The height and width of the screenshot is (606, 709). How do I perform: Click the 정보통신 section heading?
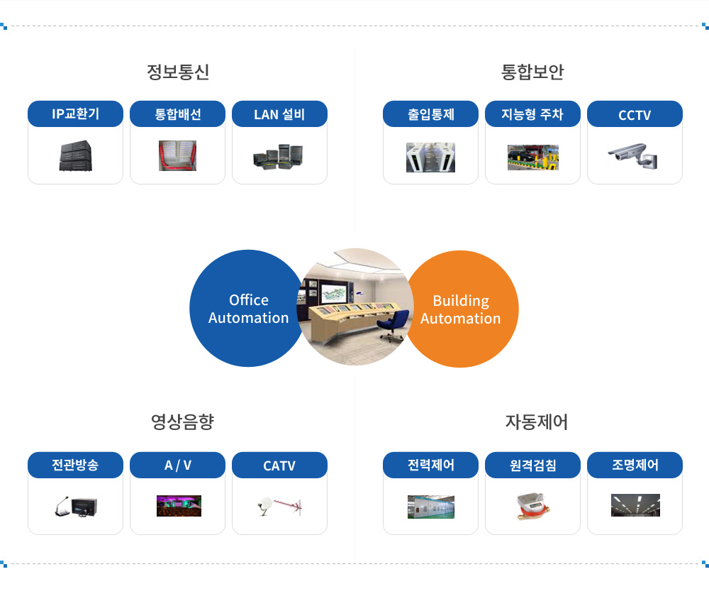coord(178,72)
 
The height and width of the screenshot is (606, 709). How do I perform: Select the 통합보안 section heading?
coord(532,72)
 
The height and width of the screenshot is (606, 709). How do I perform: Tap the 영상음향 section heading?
coord(182,422)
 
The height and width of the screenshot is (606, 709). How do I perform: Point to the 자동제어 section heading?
coord(536,422)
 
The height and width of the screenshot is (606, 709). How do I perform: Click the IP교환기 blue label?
coord(76,114)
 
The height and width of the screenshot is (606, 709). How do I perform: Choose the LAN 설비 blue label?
coord(279,114)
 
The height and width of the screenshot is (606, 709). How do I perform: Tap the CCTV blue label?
coord(635,114)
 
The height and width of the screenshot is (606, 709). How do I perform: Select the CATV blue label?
coord(279,465)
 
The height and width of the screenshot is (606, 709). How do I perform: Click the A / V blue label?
coord(178,465)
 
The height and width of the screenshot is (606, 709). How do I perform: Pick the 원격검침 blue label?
coord(532,465)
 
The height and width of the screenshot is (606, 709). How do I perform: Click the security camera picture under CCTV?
coord(633,156)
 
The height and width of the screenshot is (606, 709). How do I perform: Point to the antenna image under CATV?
coord(279,506)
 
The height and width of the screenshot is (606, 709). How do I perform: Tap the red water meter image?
coord(532,505)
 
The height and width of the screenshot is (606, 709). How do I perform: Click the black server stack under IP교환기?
coord(76,156)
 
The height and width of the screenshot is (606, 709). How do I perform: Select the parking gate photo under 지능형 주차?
coord(533,158)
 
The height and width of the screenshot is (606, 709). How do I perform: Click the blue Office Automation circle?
coord(247,308)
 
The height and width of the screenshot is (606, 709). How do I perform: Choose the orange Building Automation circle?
coord(462,309)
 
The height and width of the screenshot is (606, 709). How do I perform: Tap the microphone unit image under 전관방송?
coord(76,507)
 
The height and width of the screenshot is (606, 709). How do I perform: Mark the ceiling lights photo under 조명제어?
coord(635,505)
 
